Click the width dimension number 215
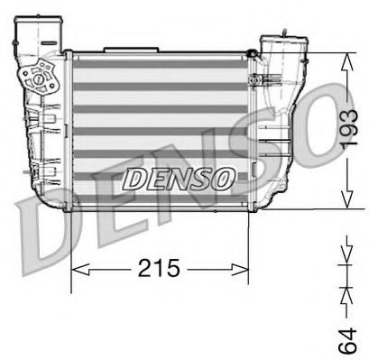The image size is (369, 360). [158, 268]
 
